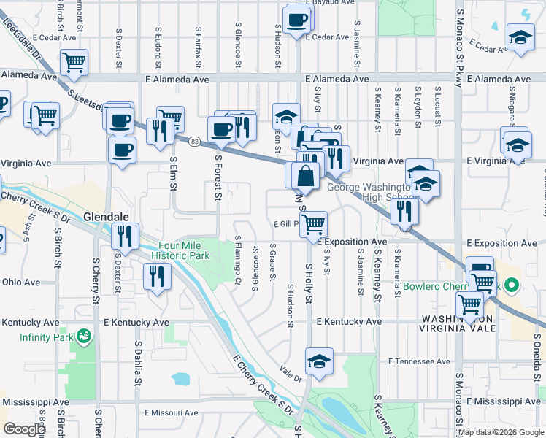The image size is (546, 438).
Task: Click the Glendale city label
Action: tap(106, 217)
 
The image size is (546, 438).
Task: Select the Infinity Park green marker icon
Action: tap(85, 337)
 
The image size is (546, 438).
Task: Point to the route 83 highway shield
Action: tap(193, 141)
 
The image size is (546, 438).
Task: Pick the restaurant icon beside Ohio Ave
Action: tap(157, 275)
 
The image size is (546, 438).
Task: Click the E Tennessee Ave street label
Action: tap(420, 361)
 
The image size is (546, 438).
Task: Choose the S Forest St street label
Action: tap(218, 175)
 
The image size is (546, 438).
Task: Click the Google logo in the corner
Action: tap(23, 429)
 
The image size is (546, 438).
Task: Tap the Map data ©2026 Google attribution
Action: tap(501, 432)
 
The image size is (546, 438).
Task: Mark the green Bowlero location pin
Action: tap(512, 285)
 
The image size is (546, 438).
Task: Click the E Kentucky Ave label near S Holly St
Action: tap(350, 321)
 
